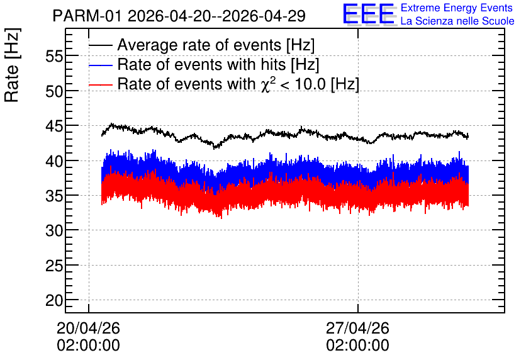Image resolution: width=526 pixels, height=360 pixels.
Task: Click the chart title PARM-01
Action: [87, 16]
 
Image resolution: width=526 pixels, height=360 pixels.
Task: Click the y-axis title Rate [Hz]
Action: [12, 65]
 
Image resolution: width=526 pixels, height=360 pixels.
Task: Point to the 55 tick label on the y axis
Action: [54, 57]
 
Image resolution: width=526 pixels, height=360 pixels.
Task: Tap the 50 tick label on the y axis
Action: [54, 91]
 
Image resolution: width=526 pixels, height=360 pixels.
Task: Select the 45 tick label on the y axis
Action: [54, 126]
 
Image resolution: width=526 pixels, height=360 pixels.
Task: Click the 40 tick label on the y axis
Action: [54, 161]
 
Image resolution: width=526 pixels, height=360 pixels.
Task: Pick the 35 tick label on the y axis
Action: [54, 196]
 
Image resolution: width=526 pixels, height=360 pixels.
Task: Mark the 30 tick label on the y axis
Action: [54, 231]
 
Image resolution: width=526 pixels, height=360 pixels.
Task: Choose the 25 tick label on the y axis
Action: [54, 266]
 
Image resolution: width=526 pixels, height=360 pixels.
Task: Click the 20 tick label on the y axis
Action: [54, 301]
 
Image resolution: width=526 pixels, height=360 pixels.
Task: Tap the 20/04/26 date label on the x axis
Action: [88, 328]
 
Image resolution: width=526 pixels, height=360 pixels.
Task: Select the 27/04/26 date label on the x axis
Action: [357, 328]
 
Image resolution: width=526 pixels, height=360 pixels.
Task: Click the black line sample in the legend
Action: [101, 45]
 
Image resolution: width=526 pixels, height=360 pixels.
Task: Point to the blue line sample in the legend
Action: [101, 65]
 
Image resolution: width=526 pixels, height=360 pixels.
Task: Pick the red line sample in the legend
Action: [101, 84]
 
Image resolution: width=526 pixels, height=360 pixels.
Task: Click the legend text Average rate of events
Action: [199, 45]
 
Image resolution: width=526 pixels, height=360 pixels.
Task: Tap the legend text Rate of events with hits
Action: [201, 64]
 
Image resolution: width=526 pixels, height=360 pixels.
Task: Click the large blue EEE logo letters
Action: [369, 14]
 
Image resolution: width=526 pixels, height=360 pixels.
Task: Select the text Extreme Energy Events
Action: [457, 8]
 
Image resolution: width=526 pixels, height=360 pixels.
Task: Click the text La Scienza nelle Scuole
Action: [457, 21]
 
